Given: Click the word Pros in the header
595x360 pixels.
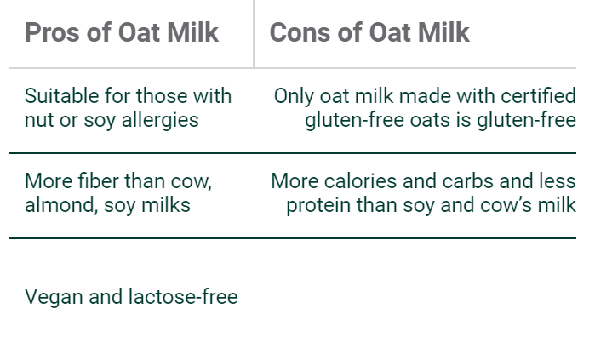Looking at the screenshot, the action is pyautogui.click(x=53, y=32).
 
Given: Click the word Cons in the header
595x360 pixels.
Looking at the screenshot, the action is pyautogui.click(x=300, y=32).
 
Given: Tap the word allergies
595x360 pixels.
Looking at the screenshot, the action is pyautogui.click(x=160, y=121).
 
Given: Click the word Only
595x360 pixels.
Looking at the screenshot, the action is pyautogui.click(x=294, y=96).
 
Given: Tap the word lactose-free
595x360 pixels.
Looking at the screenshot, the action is pyautogui.click(x=183, y=296).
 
